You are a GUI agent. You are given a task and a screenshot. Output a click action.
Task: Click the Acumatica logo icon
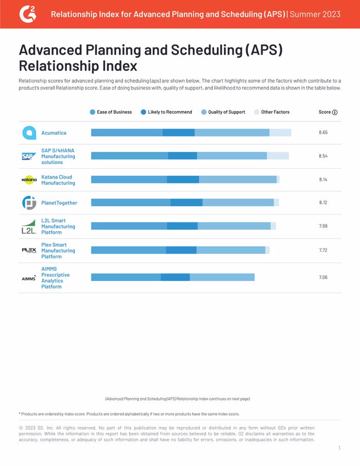(29, 133)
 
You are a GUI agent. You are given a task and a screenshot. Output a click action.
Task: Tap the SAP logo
(28, 156)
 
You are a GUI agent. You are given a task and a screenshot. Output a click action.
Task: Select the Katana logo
(29, 180)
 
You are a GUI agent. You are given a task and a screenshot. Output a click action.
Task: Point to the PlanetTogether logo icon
(29, 203)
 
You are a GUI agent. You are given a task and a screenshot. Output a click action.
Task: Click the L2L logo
(28, 227)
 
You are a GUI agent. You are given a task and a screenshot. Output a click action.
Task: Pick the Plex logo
(29, 250)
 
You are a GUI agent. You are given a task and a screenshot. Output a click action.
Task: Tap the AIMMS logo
(29, 278)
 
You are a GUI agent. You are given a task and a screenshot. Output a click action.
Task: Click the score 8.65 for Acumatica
(323, 133)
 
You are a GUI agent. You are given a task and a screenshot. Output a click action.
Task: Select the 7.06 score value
(323, 277)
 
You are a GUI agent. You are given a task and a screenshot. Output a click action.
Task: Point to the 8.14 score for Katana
(323, 180)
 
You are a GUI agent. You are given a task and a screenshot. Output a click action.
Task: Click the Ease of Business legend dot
(93, 112)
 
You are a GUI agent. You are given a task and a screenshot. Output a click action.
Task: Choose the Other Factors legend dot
(257, 112)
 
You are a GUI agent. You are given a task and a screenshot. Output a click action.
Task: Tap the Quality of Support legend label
(226, 112)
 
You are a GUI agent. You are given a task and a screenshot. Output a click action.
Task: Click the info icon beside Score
(335, 112)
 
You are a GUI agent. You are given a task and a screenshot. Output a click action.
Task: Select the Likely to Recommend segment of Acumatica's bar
(178, 133)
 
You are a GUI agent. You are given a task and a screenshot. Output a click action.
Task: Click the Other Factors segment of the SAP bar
(278, 156)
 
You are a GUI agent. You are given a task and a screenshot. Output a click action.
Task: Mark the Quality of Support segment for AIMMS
(222, 277)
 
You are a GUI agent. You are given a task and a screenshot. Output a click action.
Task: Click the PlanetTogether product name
(59, 203)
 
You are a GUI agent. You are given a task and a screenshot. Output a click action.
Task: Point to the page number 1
(339, 449)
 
